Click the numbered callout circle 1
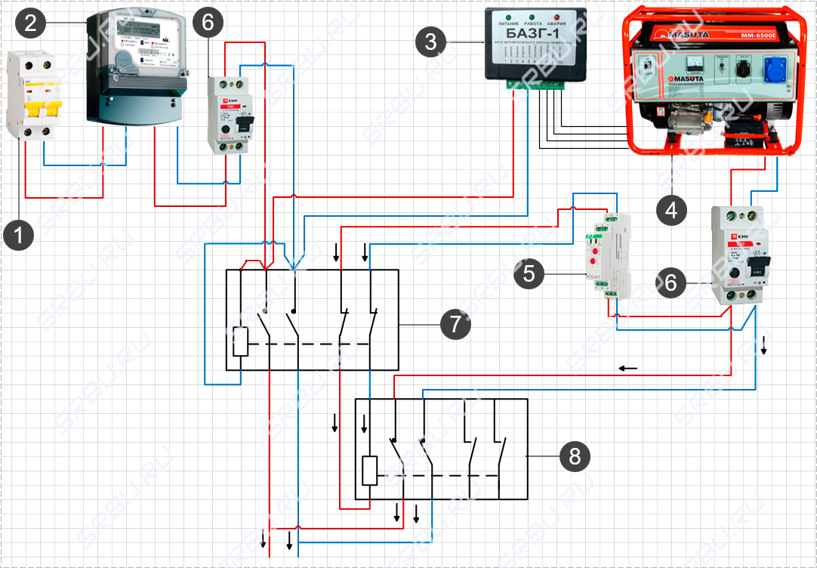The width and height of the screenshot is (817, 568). pos(19,234)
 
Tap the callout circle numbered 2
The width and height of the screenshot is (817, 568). pos(30,23)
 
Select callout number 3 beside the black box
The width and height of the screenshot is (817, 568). pos(430,42)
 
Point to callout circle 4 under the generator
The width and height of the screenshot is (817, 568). pos(671,208)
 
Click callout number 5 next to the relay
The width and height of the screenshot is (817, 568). pos(529,273)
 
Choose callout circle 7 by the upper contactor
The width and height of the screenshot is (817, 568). pos(455,325)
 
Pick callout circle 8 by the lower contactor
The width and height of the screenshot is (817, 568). pos(575,455)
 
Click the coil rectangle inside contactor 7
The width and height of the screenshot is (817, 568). pos(239,342)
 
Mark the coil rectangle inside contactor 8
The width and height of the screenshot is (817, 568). pos(369,471)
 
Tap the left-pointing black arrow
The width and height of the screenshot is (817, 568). pos(627,369)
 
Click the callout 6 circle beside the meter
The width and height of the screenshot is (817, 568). pos(208,23)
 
